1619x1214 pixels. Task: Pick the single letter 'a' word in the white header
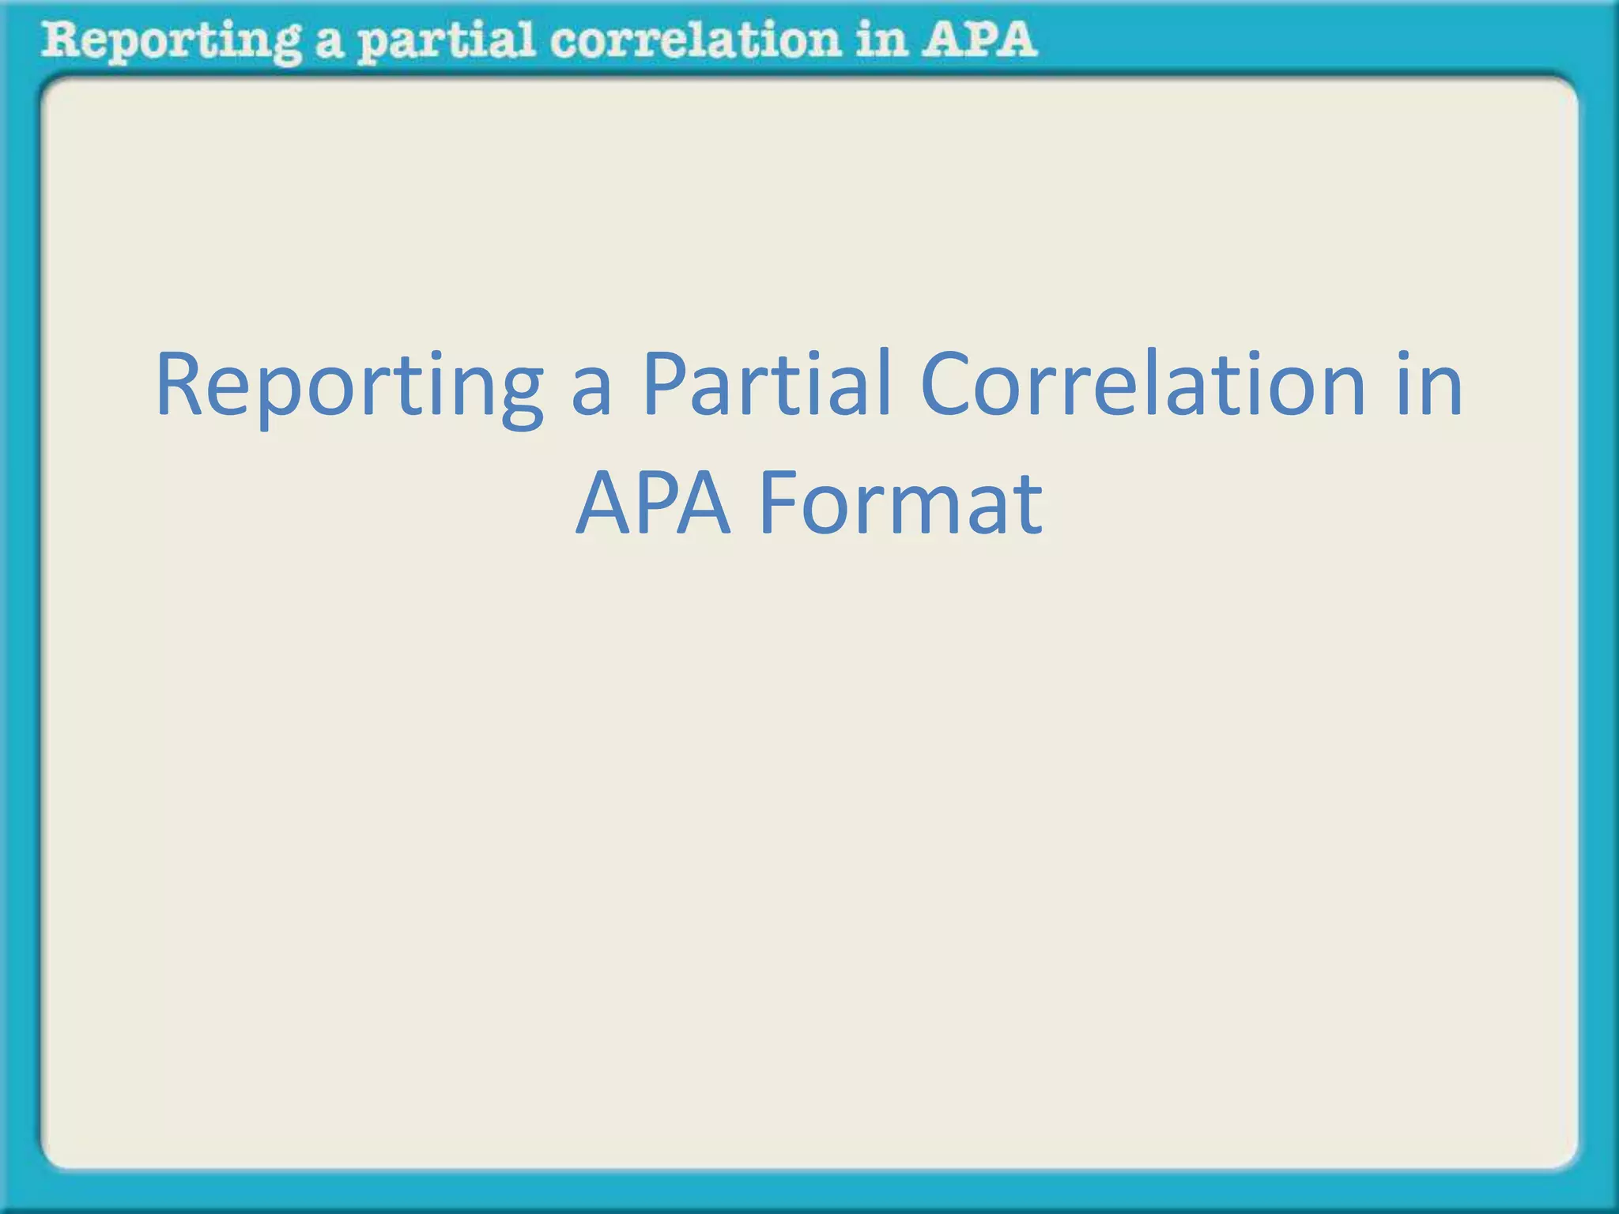pos(329,43)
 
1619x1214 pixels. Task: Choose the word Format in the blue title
pos(900,503)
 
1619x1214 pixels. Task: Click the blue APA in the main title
pos(653,503)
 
